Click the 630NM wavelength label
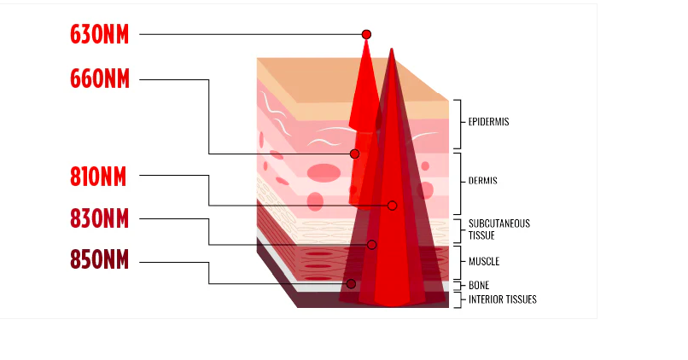tap(100, 35)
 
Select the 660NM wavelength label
tap(100, 79)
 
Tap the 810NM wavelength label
tap(98, 177)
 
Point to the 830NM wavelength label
tap(100, 218)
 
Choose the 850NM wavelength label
tap(100, 259)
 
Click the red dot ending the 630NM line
tap(366, 34)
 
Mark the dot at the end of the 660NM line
tap(354, 154)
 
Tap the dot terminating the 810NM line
tap(393, 206)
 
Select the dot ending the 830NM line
tap(371, 245)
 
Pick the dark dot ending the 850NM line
tap(351, 284)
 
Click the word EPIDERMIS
tap(488, 122)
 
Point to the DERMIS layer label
tap(482, 181)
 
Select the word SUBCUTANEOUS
tap(499, 224)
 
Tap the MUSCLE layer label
tap(484, 261)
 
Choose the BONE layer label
tap(479, 286)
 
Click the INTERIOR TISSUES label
tap(503, 299)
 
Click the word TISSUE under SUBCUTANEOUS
tap(481, 235)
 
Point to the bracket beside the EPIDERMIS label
tap(460, 124)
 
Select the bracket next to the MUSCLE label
tap(460, 262)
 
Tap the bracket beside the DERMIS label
tap(460, 183)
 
